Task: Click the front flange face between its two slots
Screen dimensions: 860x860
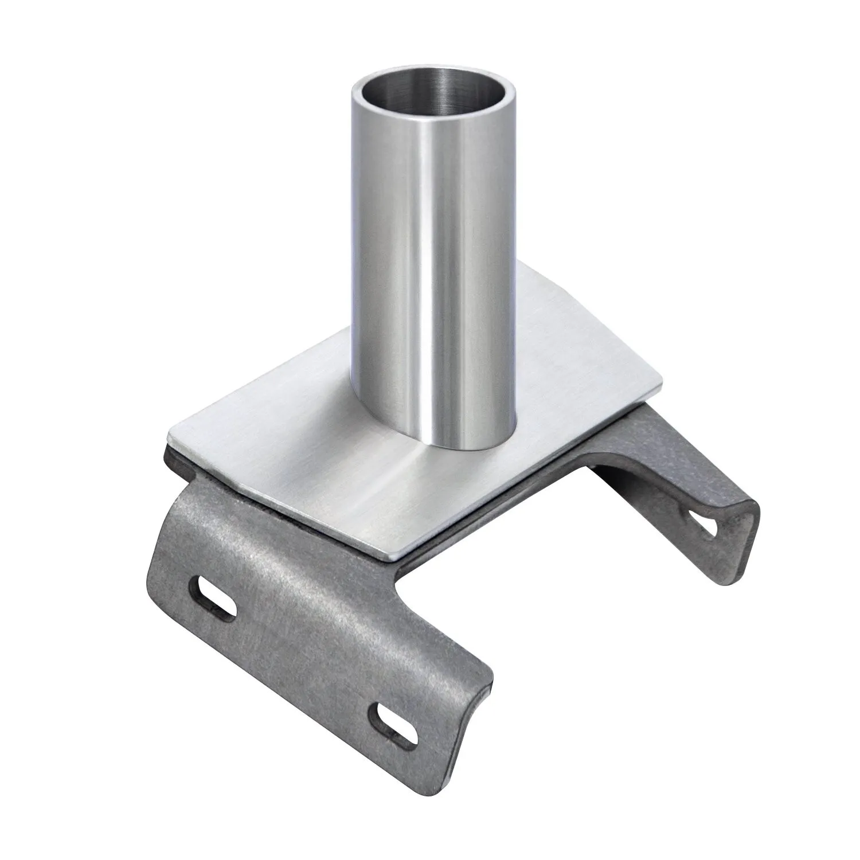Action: (x=304, y=659)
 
